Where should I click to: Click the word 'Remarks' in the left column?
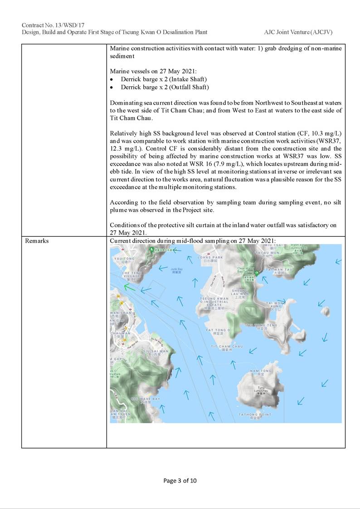tap(37, 241)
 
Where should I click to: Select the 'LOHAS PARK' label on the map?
tap(211, 257)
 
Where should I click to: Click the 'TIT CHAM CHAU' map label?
tap(227, 346)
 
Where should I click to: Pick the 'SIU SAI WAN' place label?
tap(156, 351)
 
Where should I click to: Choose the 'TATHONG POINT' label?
tap(255, 415)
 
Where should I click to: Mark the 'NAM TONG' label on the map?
tap(264, 371)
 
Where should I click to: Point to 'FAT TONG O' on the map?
tap(219, 330)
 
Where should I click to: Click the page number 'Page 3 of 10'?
tap(180, 481)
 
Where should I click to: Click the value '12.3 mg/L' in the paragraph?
tap(125, 148)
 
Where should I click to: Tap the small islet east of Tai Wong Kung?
tap(325, 312)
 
